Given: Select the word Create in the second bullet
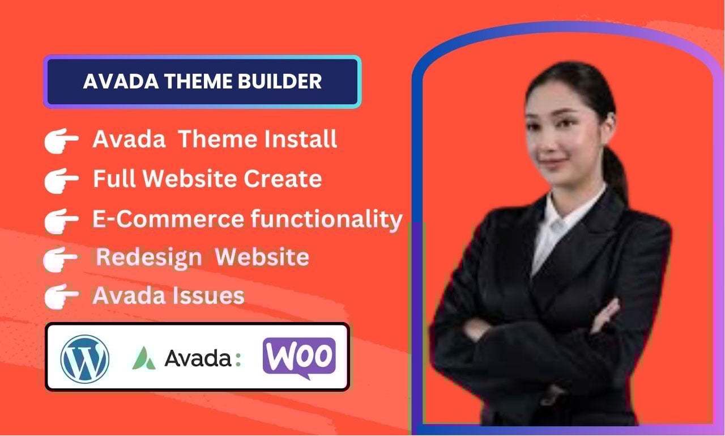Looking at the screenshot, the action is tap(283, 179).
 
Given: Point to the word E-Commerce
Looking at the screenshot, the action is tap(168, 219).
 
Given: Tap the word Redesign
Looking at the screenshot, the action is tap(149, 258).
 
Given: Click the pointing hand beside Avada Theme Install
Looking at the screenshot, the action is tap(61, 140).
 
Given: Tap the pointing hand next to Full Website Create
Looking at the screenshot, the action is tap(61, 180).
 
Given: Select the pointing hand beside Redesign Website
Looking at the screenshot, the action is tap(60, 259).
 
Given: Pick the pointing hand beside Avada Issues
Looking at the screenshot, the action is tap(61, 297).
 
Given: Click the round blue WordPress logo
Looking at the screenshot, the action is tap(85, 359).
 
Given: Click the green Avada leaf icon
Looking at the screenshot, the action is tap(144, 358).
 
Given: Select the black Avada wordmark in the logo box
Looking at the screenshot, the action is tap(198, 358).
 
